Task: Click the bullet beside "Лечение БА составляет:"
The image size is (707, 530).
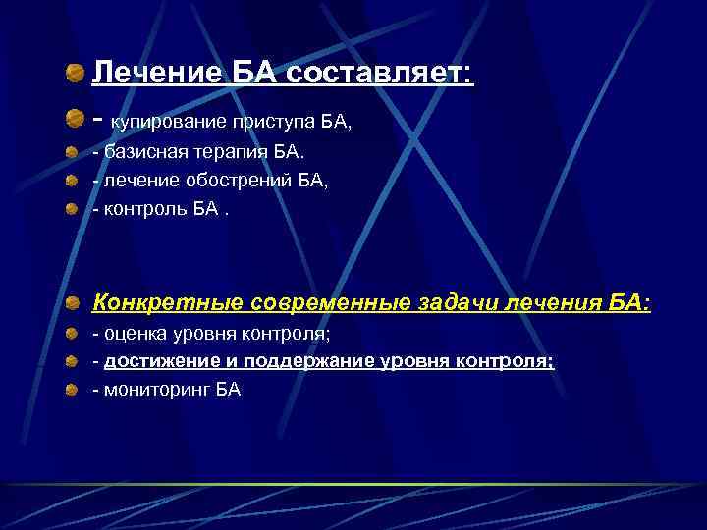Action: point(75,74)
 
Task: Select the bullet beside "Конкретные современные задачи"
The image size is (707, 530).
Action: point(75,303)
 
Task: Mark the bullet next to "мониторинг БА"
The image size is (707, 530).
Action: point(74,390)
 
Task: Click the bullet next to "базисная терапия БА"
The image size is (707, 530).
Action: point(74,154)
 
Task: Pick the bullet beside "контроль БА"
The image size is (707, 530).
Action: point(74,208)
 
